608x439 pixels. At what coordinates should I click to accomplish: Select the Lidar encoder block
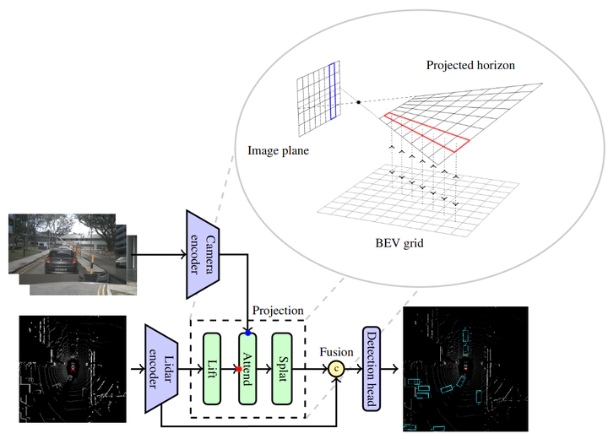click(160, 368)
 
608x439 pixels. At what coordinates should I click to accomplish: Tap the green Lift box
click(212, 369)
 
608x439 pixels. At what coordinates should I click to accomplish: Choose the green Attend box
click(247, 369)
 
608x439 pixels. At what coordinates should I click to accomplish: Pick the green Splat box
click(281, 369)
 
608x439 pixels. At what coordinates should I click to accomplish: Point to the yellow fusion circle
click(337, 369)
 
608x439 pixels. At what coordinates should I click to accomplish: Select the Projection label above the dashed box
click(278, 311)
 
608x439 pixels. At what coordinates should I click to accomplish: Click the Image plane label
click(278, 151)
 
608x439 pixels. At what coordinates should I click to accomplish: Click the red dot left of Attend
click(238, 370)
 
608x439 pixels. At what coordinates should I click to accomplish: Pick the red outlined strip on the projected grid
click(426, 130)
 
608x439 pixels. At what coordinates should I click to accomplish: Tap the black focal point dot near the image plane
click(359, 102)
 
